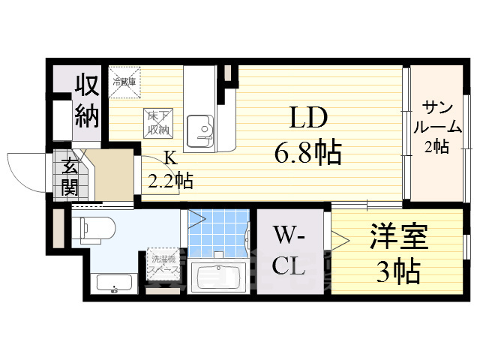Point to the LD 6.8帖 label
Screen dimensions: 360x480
pyautogui.click(x=307, y=135)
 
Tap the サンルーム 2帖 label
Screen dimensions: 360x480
pyautogui.click(x=435, y=126)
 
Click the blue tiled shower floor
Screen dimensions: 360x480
pyautogui.click(x=217, y=232)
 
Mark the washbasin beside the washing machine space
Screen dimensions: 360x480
pyautogui.click(x=114, y=284)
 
